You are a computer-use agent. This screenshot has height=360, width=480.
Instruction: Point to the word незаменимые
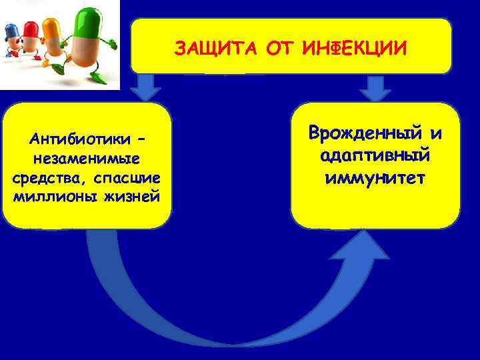click(87, 159)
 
